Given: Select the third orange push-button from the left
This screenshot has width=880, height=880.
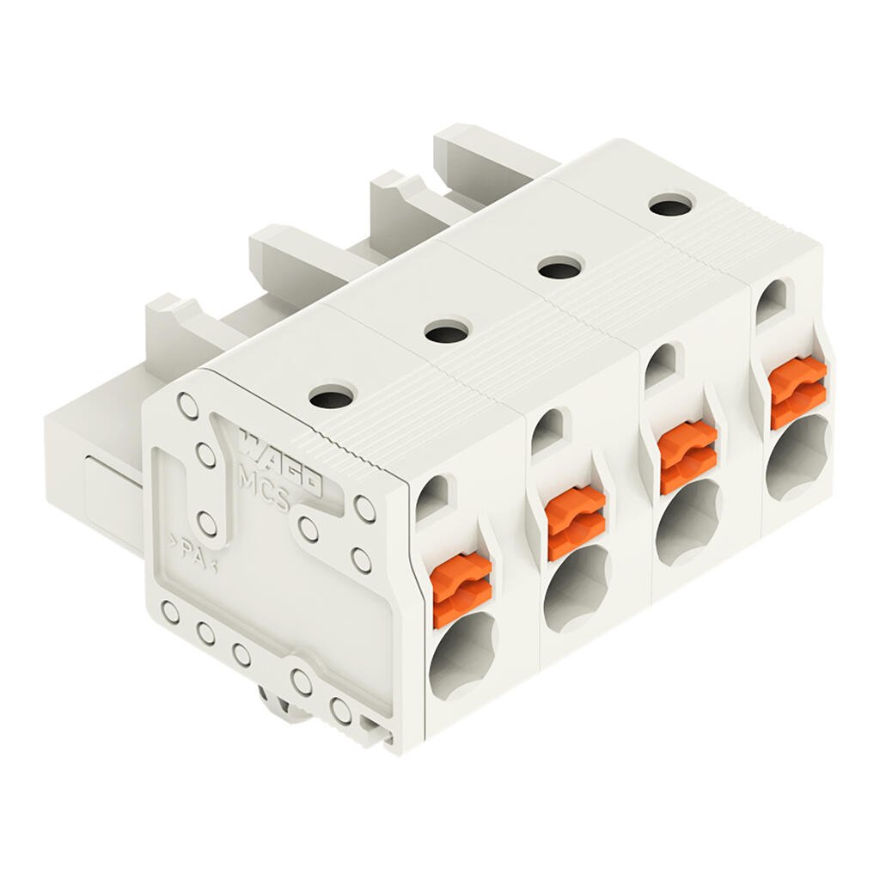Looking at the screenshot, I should pyautogui.click(x=687, y=456).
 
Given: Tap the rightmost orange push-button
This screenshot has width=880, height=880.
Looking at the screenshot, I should pyautogui.click(x=797, y=392).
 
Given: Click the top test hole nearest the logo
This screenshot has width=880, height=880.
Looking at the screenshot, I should pyautogui.click(x=332, y=397).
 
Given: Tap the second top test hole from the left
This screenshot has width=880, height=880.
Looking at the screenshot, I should pyautogui.click(x=447, y=331).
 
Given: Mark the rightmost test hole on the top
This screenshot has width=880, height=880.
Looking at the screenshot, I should pyautogui.click(x=669, y=205).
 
